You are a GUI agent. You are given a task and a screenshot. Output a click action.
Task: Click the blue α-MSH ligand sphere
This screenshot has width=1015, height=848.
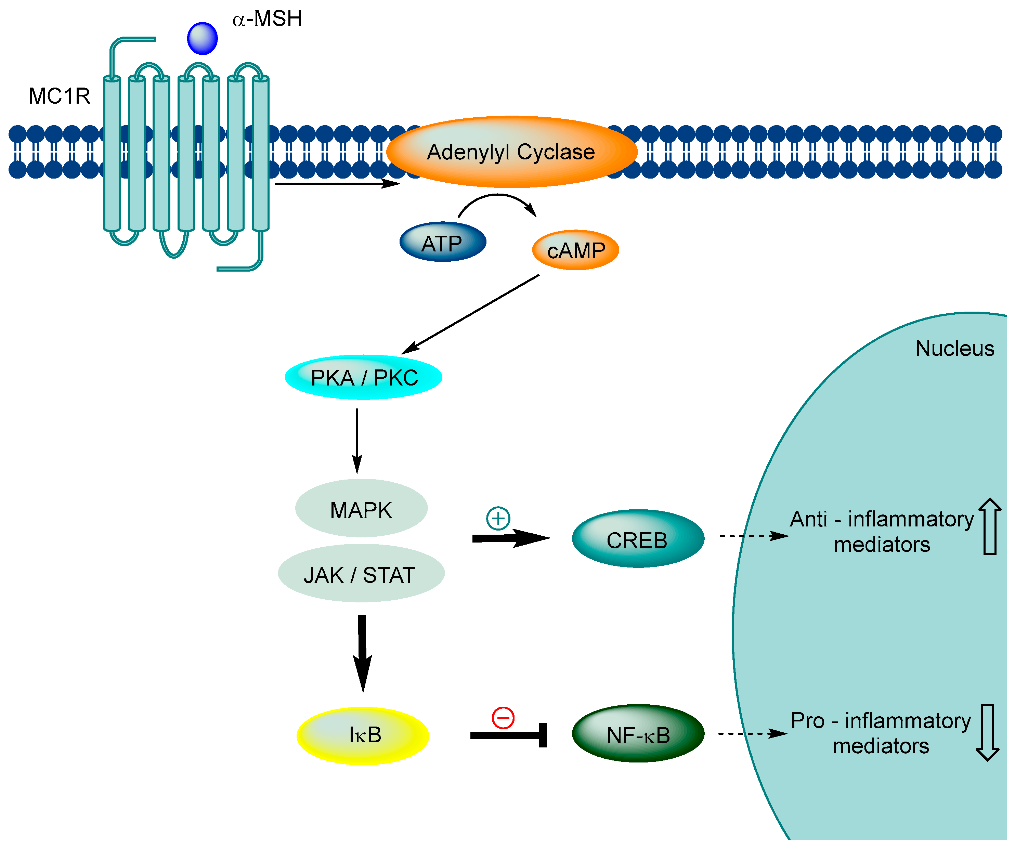[203, 38]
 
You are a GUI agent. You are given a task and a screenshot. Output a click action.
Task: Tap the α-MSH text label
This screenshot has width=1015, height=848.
[267, 19]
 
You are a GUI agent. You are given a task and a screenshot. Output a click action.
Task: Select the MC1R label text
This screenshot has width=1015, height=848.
[60, 96]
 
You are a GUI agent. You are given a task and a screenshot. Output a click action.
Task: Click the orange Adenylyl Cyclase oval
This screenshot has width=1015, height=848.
[512, 152]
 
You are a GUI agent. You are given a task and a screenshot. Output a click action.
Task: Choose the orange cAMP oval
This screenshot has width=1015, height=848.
[576, 250]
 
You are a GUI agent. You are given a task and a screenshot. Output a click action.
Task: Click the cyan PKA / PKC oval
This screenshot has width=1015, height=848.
[363, 377]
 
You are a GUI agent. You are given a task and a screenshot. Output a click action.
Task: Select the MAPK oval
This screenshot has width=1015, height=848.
[362, 508]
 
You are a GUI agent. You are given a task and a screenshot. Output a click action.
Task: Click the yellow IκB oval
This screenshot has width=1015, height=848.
[363, 736]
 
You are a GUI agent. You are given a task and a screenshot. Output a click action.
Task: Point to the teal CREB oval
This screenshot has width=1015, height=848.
[638, 539]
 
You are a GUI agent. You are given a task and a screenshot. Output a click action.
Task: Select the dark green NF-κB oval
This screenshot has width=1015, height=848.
[638, 733]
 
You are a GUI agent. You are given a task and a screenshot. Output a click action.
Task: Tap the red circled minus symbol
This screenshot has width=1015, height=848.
[503, 718]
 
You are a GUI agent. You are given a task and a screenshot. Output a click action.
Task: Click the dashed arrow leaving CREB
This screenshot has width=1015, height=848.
[754, 536]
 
